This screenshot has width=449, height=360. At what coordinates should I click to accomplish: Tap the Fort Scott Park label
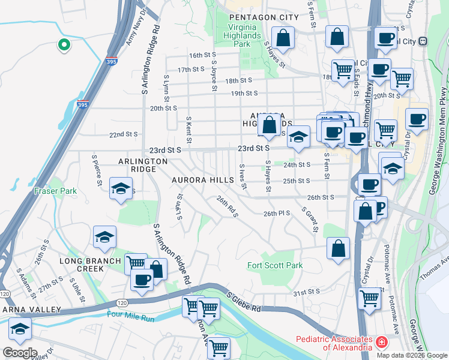275,265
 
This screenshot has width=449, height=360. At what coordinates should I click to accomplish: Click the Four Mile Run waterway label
131,314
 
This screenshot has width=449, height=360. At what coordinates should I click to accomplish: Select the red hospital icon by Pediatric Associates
381,343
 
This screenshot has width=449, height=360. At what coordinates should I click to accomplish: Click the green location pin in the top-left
62,44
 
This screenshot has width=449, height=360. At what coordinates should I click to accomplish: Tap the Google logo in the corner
19,352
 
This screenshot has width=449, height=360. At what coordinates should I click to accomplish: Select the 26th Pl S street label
277,213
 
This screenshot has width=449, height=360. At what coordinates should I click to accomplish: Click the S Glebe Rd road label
243,302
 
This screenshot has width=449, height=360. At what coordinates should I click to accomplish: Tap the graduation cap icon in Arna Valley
20,329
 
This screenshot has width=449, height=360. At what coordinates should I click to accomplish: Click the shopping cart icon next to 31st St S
369,298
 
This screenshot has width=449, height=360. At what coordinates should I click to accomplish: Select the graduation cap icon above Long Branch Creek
104,237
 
